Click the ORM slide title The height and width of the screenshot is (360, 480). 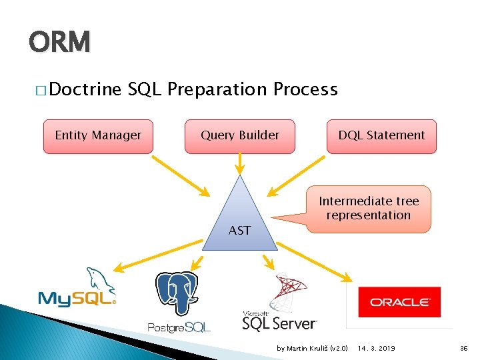[x=59, y=43]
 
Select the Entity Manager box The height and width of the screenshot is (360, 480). [x=98, y=135]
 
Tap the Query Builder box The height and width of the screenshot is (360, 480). [x=240, y=135]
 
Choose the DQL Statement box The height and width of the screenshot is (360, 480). [x=381, y=135]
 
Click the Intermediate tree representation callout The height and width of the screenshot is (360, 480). [x=369, y=208]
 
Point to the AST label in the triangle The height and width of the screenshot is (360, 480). [x=239, y=231]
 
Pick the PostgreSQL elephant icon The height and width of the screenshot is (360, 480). [x=177, y=293]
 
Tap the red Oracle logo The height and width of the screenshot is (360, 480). [x=399, y=302]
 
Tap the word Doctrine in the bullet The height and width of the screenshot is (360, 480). [x=85, y=89]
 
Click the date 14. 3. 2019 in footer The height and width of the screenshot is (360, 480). [x=377, y=349]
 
